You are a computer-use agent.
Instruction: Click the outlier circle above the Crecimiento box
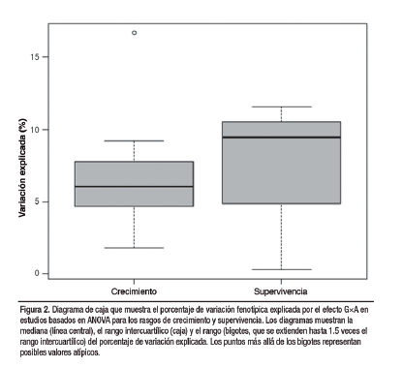[x=134, y=33]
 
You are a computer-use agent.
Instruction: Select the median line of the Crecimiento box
[x=134, y=187]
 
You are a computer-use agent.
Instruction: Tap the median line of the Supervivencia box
[x=281, y=138]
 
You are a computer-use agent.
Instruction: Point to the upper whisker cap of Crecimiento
[x=134, y=140]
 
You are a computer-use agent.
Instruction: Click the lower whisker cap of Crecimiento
[x=134, y=248]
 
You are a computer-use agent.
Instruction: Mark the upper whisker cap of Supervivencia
[x=281, y=107]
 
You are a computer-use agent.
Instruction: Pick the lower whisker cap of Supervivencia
[x=281, y=269]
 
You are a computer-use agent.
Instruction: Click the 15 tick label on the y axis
[x=35, y=57]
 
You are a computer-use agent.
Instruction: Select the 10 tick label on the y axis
[x=35, y=130]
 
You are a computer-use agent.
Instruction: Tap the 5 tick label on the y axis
[x=37, y=201]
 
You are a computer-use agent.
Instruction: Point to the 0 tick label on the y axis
[x=37, y=273]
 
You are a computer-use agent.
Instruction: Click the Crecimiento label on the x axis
[x=134, y=291]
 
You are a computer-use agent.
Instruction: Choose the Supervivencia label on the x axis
[x=281, y=291]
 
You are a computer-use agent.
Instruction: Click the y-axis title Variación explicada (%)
[x=22, y=168]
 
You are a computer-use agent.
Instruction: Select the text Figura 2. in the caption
[x=35, y=310]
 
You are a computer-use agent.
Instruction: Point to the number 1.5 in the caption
[x=335, y=331]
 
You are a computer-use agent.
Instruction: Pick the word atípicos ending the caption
[x=87, y=353]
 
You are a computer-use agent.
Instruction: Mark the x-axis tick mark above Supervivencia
[x=281, y=282]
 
